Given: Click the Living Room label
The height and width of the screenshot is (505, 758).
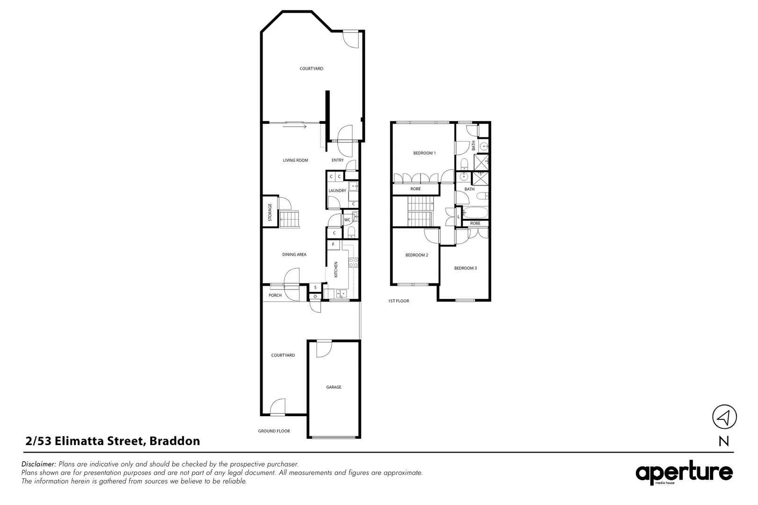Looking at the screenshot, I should pyautogui.click(x=295, y=160).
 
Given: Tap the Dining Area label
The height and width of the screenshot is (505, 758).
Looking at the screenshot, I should pyautogui.click(x=294, y=255).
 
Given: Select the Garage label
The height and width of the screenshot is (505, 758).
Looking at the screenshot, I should pyautogui.click(x=334, y=387).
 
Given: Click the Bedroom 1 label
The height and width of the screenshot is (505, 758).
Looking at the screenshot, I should pyautogui.click(x=424, y=153).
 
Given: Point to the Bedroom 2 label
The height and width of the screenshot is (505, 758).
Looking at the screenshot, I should pyautogui.click(x=416, y=255).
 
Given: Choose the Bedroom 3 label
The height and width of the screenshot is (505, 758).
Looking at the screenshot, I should pyautogui.click(x=465, y=268).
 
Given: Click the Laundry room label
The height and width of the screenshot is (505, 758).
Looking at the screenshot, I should pyautogui.click(x=337, y=191).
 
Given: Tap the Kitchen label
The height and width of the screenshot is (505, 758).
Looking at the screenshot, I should pyautogui.click(x=336, y=270).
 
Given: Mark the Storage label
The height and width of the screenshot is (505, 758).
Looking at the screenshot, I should pyautogui.click(x=270, y=213).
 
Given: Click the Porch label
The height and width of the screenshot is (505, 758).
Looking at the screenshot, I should pyautogui.click(x=275, y=296).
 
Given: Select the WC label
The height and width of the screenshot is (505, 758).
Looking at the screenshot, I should pyautogui.click(x=347, y=220).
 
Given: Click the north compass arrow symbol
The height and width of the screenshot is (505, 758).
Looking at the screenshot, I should pyautogui.click(x=724, y=417).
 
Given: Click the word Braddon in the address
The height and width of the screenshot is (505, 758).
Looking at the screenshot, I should pyautogui.click(x=175, y=441).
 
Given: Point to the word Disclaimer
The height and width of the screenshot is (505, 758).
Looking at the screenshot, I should pyautogui.click(x=39, y=464).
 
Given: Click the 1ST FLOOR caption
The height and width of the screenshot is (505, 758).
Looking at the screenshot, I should pyautogui.click(x=398, y=301).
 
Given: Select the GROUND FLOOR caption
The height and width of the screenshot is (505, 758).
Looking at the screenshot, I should pyautogui.click(x=274, y=431).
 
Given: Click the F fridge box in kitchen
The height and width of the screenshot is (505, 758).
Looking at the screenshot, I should pyautogui.click(x=333, y=245).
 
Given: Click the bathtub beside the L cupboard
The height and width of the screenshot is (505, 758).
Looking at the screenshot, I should pyautogui.click(x=475, y=213).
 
